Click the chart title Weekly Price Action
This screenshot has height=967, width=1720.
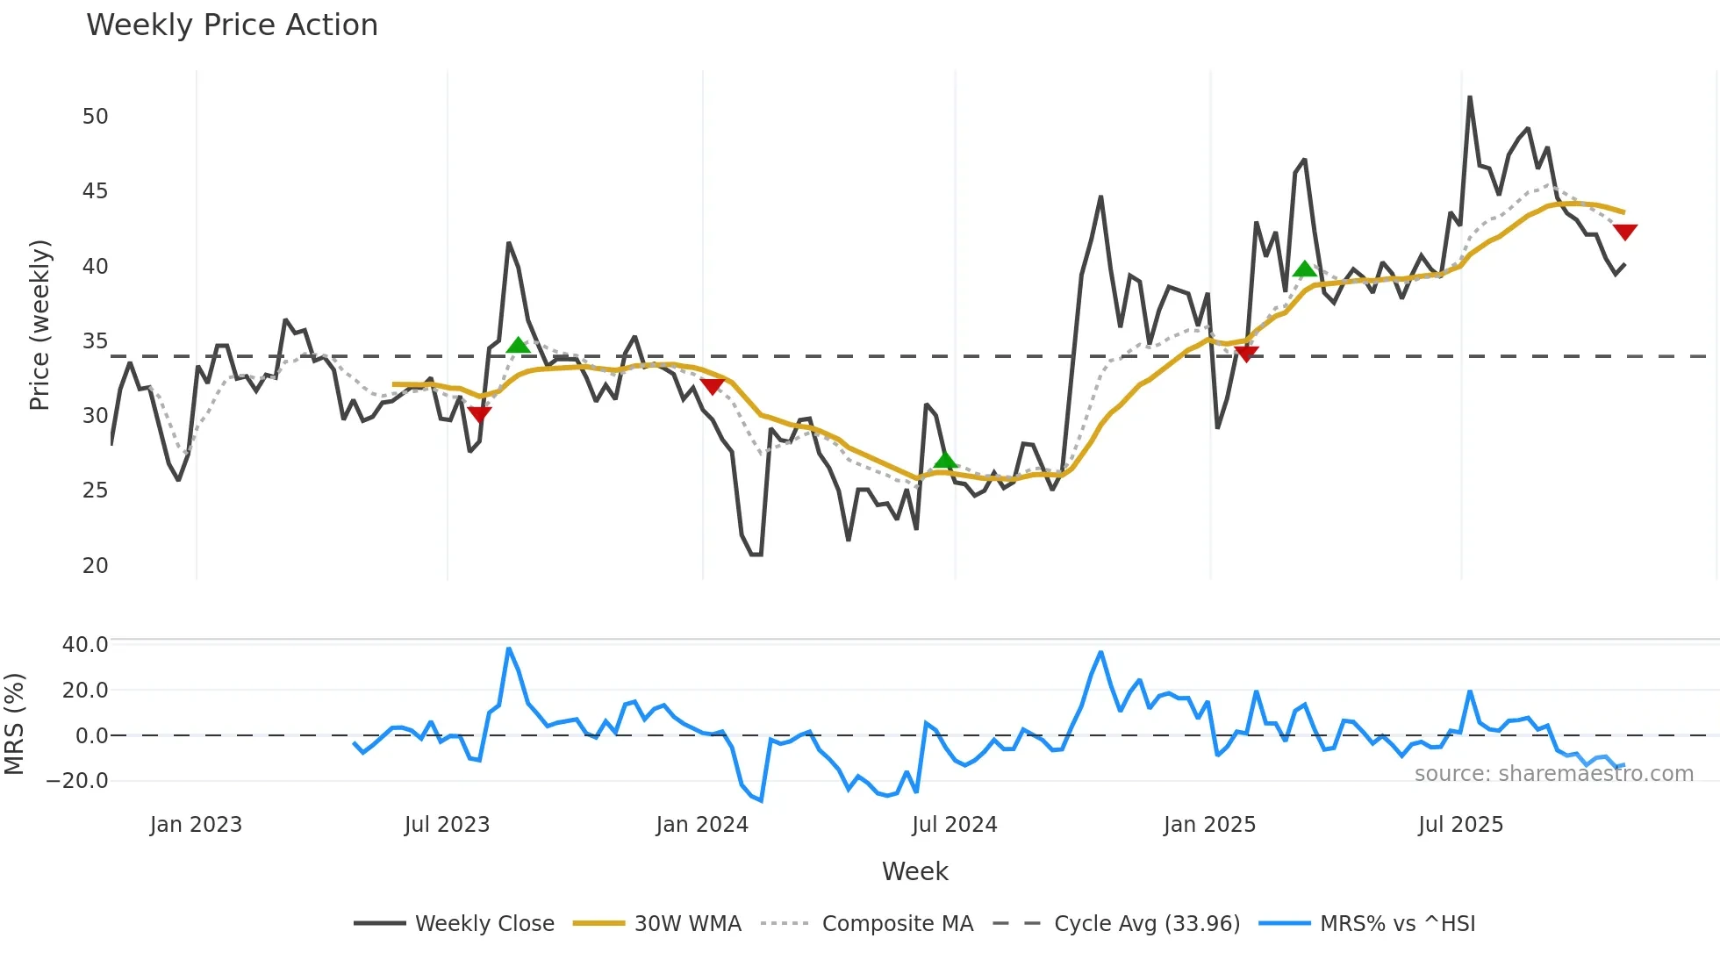click(232, 25)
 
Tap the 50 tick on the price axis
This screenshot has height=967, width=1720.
click(95, 117)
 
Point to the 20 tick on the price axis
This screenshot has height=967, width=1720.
click(95, 566)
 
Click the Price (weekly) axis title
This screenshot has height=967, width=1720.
click(39, 325)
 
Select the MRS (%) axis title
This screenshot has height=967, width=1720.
click(14, 724)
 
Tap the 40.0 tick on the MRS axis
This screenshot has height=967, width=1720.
click(85, 645)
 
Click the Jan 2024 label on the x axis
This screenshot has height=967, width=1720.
click(702, 825)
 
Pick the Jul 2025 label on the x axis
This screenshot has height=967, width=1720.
click(1460, 825)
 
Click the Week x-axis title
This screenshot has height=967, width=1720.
click(914, 871)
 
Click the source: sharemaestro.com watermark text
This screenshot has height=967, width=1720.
click(1553, 774)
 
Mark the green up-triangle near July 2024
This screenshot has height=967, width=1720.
click(945, 461)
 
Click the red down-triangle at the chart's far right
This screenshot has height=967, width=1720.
click(1625, 232)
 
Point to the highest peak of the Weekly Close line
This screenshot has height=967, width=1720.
click(1470, 97)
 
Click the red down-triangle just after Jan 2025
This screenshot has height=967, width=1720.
click(1246, 353)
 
